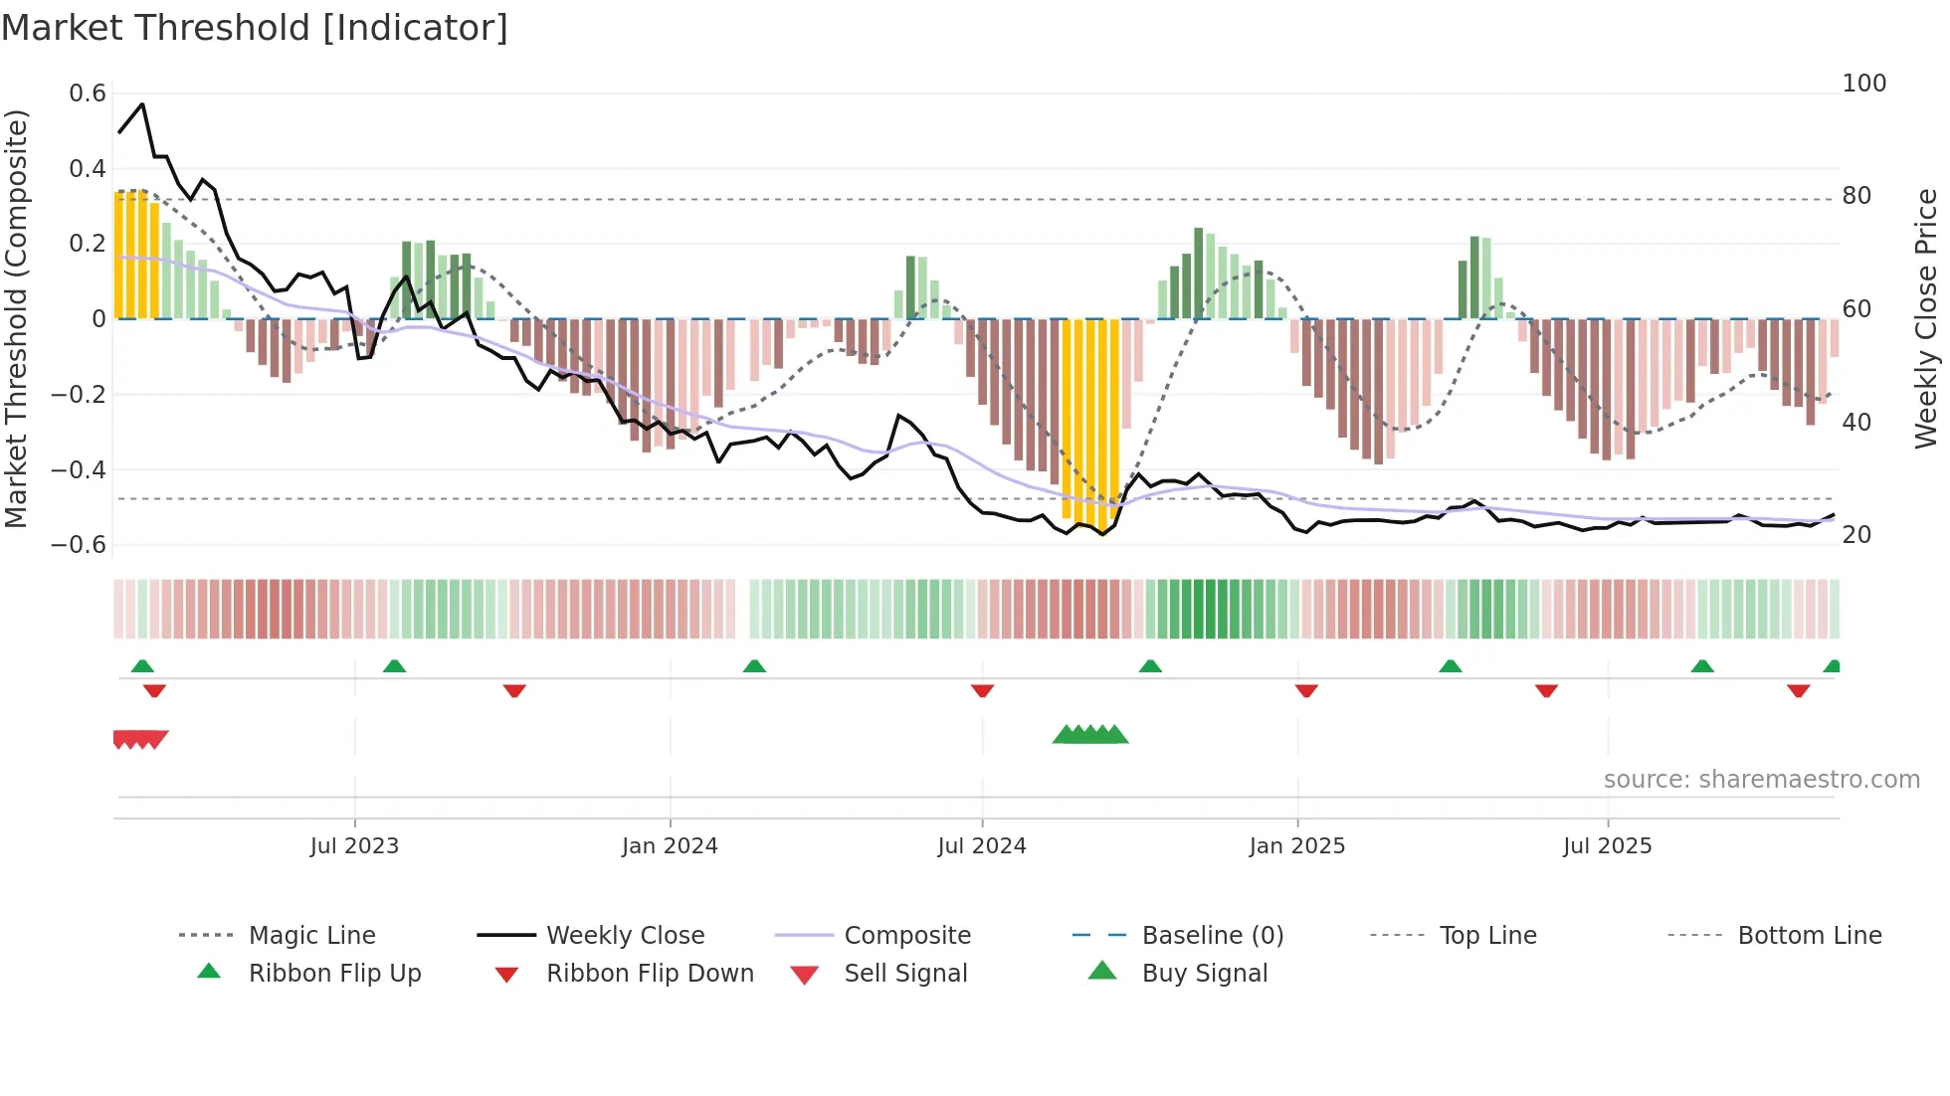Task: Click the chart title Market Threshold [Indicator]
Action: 255,28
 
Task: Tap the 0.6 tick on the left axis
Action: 88,93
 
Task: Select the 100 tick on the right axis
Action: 1863,84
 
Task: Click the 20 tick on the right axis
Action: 1856,535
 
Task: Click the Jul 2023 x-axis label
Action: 354,846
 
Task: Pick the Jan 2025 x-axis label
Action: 1296,846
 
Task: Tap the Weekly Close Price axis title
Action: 1926,318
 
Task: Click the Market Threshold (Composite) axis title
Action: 16,318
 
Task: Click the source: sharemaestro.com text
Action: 1761,780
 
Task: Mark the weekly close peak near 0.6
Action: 142,104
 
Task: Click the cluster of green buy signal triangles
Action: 1090,735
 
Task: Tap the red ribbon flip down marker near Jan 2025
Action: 1306,690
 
